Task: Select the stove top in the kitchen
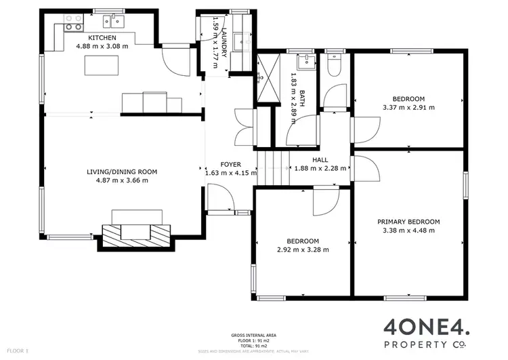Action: (x=73, y=26)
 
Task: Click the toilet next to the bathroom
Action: (x=334, y=66)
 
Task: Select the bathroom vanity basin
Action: (x=307, y=64)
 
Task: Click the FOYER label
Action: (x=230, y=165)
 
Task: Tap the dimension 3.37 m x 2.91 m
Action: (x=408, y=107)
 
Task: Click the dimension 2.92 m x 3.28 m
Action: (x=303, y=249)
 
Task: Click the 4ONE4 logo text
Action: (x=426, y=327)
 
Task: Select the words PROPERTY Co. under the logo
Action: (x=426, y=345)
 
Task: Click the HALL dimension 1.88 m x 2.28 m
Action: (x=320, y=168)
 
